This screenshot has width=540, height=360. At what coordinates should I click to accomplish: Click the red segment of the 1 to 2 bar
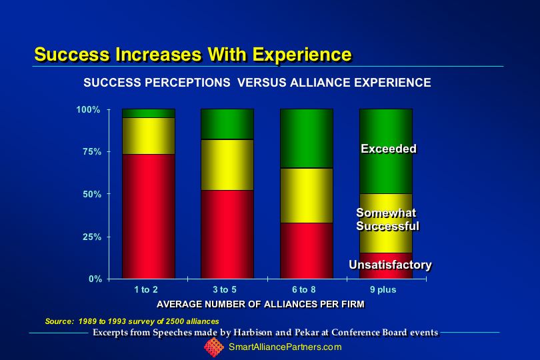click(x=149, y=217)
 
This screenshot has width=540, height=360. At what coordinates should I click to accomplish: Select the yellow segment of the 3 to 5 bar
click(x=227, y=165)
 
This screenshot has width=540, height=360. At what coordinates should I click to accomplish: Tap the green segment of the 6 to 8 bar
click(x=307, y=139)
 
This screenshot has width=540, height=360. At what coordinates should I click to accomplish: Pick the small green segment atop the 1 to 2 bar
click(x=149, y=113)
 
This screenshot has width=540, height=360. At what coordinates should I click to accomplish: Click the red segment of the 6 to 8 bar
click(x=307, y=251)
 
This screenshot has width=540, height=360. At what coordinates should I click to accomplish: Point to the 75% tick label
click(x=91, y=152)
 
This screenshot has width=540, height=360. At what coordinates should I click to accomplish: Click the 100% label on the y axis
click(x=88, y=109)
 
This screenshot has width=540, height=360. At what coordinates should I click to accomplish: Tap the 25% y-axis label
click(x=91, y=237)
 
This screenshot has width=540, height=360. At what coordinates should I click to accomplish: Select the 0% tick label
click(x=95, y=279)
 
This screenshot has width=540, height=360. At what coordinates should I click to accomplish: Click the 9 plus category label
click(x=383, y=290)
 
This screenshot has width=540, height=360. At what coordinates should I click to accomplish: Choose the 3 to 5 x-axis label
click(x=225, y=290)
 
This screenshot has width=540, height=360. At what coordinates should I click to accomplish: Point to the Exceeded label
click(x=389, y=149)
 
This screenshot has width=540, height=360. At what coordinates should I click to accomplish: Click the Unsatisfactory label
click(x=390, y=265)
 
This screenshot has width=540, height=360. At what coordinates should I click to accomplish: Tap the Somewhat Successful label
click(x=387, y=219)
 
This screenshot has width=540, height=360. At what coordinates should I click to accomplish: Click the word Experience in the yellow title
click(x=302, y=55)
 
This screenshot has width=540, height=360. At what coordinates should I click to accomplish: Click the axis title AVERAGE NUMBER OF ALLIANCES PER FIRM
click(x=261, y=304)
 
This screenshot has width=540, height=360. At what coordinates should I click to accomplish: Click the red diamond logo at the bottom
click(x=214, y=347)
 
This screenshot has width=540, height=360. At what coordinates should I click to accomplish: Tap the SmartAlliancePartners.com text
click(x=285, y=347)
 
